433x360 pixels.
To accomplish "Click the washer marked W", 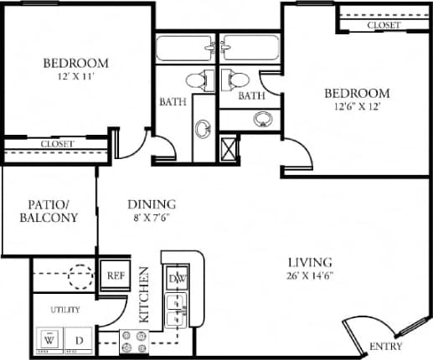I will pyautogui.click(x=50, y=341).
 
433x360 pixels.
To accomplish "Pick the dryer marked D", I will pyautogui.click(x=79, y=341).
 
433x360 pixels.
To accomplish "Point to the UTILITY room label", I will pyautogui.click(x=64, y=310).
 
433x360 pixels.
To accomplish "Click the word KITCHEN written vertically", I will pyautogui.click(x=144, y=295).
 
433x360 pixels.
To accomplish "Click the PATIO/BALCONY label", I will pyautogui.click(x=52, y=210).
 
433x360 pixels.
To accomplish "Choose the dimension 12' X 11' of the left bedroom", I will pyautogui.click(x=75, y=77).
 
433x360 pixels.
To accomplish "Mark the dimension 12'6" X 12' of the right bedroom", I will pyautogui.click(x=358, y=106).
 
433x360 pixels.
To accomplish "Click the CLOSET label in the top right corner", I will pyautogui.click(x=384, y=26).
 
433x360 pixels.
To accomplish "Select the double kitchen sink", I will pyautogui.click(x=176, y=309).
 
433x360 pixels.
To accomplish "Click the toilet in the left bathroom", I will pyautogui.click(x=195, y=80).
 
